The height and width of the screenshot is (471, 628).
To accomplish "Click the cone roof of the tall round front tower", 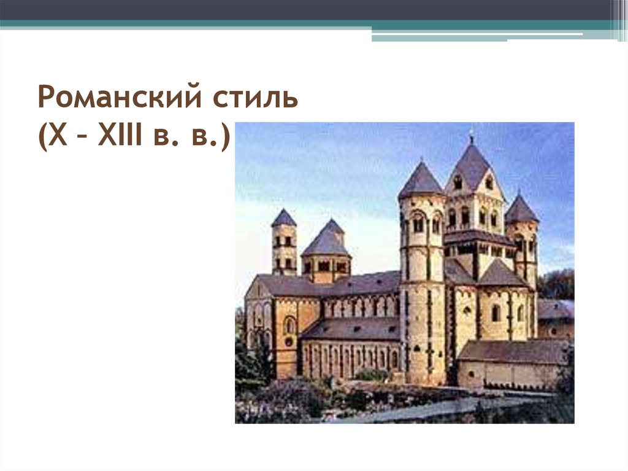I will pyautogui.click(x=421, y=181).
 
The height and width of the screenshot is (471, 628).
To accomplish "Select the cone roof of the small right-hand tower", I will pyautogui.click(x=521, y=209).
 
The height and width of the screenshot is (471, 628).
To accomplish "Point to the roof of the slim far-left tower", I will pyautogui.click(x=284, y=218).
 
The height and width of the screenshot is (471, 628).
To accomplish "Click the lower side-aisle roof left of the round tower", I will pyautogui.click(x=350, y=329).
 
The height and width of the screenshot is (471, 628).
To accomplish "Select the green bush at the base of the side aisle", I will pyautogui.click(x=370, y=375).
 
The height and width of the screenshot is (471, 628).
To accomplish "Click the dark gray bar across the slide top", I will pyautogui.click(x=307, y=9).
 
